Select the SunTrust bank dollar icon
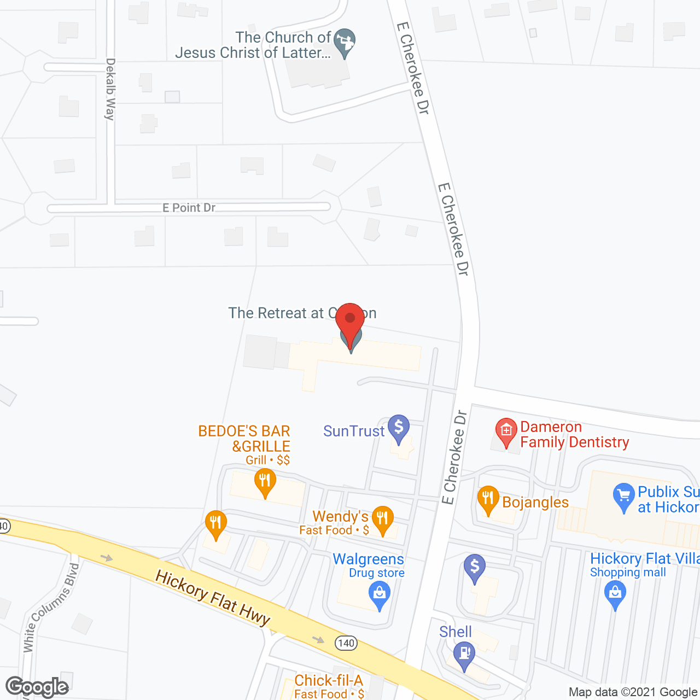tap(399, 427)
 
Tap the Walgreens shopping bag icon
tap(379, 594)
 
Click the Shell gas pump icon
tap(464, 654)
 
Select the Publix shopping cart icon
tap(623, 497)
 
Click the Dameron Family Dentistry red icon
tap(506, 431)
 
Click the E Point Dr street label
tap(189, 208)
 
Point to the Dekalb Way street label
tap(110, 89)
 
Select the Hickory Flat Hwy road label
tap(213, 598)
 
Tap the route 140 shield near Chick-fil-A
tap(346, 643)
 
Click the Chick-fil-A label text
tap(328, 680)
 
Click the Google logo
tap(37, 687)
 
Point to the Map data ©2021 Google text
tap(633, 692)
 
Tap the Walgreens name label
tap(368, 559)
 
